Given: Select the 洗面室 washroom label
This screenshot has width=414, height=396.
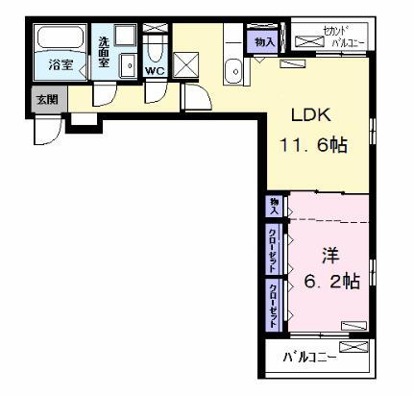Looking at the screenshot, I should click(104, 56).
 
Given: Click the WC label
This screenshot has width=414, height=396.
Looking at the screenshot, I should click(154, 70).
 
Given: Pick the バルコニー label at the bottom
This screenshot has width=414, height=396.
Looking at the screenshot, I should click(309, 359).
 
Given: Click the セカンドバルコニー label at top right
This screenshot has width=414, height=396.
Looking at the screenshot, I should click(332, 37).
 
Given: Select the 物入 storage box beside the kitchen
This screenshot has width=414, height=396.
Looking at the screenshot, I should click(264, 40).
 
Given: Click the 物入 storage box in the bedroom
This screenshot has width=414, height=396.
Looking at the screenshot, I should click(275, 206).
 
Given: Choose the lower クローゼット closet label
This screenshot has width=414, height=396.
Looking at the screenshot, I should click(275, 305).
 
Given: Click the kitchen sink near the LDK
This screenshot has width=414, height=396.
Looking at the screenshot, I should click(235, 70).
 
